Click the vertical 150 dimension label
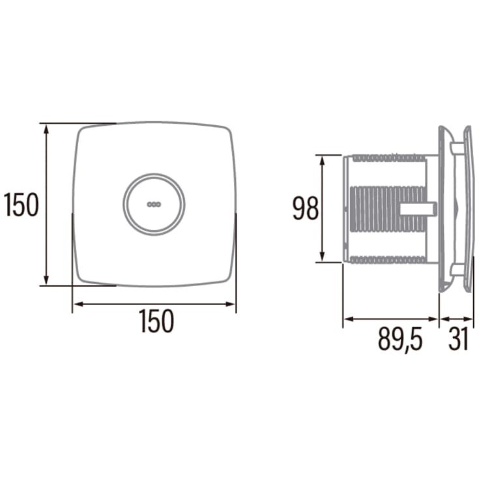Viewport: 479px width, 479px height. [21, 205]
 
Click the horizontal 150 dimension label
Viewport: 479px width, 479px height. [156, 321]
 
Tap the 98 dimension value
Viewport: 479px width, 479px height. [306, 209]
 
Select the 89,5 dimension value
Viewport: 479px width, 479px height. [400, 340]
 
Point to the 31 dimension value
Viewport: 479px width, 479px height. [458, 339]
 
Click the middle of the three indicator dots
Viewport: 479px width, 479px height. [154, 205]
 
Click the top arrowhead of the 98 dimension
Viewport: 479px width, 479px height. [322, 161]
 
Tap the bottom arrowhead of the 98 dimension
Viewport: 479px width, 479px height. [322, 256]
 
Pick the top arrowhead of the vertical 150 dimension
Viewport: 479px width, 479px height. [46, 130]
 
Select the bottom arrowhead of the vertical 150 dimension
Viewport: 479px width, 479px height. [46, 280]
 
